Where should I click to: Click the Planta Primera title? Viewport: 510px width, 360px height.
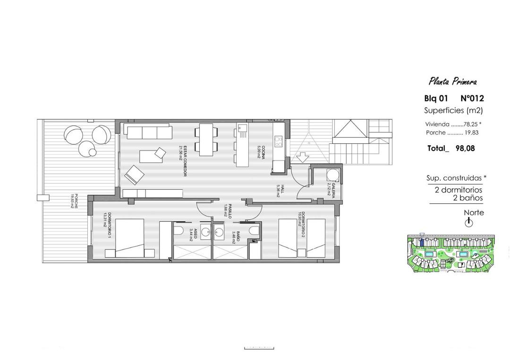click(x=452, y=82)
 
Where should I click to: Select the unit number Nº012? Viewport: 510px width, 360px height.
click(x=472, y=99)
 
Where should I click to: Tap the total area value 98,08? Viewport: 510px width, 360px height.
click(x=465, y=148)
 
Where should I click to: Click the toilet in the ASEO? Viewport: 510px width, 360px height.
click(x=179, y=231)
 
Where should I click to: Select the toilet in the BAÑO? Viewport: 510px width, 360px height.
click(x=254, y=231)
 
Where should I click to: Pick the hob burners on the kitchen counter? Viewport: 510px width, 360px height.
click(x=279, y=141)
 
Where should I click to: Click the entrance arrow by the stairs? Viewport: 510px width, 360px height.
click(x=302, y=155)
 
